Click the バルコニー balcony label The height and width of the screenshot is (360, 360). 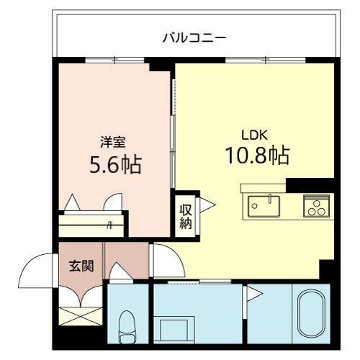coord(194,35)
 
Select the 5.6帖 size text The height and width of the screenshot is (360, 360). coord(114,165)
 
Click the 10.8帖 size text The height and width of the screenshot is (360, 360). coord(259,155)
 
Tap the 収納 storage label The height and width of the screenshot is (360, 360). coord(185,215)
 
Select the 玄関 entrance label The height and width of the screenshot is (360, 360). coord(81,266)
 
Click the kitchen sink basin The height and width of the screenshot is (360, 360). coord(265,206)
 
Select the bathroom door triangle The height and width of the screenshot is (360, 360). coord(253,292)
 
